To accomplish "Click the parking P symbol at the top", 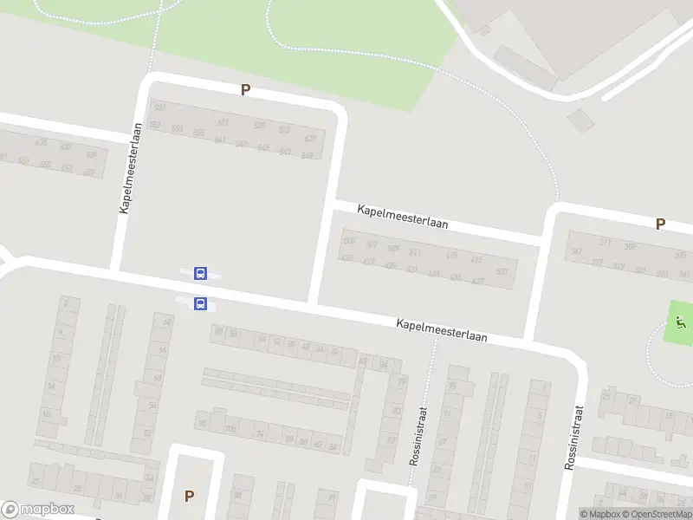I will [x=245, y=89].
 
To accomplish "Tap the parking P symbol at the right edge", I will [x=660, y=224].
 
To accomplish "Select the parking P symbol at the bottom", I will [x=189, y=496].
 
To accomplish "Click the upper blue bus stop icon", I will [x=201, y=274].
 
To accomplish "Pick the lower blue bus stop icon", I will [x=201, y=303].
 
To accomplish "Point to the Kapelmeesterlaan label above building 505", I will [x=403, y=217].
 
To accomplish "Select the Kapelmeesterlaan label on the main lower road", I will [x=442, y=329].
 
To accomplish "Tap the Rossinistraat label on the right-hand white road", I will [x=573, y=438].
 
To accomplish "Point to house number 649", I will [x=306, y=155].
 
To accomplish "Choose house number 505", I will [x=349, y=240].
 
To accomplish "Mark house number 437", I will [x=346, y=258].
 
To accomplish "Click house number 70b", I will [x=230, y=429].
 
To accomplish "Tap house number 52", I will [x=148, y=432].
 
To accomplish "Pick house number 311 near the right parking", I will [x=606, y=243].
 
